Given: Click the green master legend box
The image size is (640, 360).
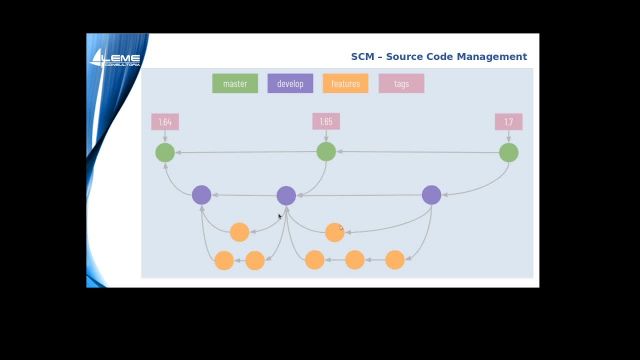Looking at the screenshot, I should tap(235, 84).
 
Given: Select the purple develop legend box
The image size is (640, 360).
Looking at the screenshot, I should tap(290, 84).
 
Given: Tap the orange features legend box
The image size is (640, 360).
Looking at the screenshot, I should tap(345, 84).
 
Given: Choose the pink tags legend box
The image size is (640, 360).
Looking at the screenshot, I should tap(401, 84).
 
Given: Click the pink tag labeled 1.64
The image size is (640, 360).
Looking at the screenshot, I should tap(165, 122).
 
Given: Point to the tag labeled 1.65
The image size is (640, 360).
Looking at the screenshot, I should tap(325, 122).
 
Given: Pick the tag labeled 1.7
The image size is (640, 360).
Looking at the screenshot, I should tap(508, 122).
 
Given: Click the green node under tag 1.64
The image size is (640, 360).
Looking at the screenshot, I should tap(165, 152).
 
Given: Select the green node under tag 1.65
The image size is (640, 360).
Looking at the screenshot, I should tap(326, 151).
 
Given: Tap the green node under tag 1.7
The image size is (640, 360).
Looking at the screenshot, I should tap(508, 152).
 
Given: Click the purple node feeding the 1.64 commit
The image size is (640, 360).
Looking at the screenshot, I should tap(201, 195).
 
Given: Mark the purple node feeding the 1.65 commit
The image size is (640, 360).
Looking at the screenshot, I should tap(286, 195).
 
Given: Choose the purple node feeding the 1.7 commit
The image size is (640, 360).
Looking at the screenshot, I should tap(431, 195).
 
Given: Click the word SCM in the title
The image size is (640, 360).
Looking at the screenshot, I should tap(362, 57).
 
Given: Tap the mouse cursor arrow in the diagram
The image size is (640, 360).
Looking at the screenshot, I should tap(280, 216).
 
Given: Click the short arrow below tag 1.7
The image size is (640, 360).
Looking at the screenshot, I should tap(508, 136).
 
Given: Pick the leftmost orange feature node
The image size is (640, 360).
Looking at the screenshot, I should tap(224, 260).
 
